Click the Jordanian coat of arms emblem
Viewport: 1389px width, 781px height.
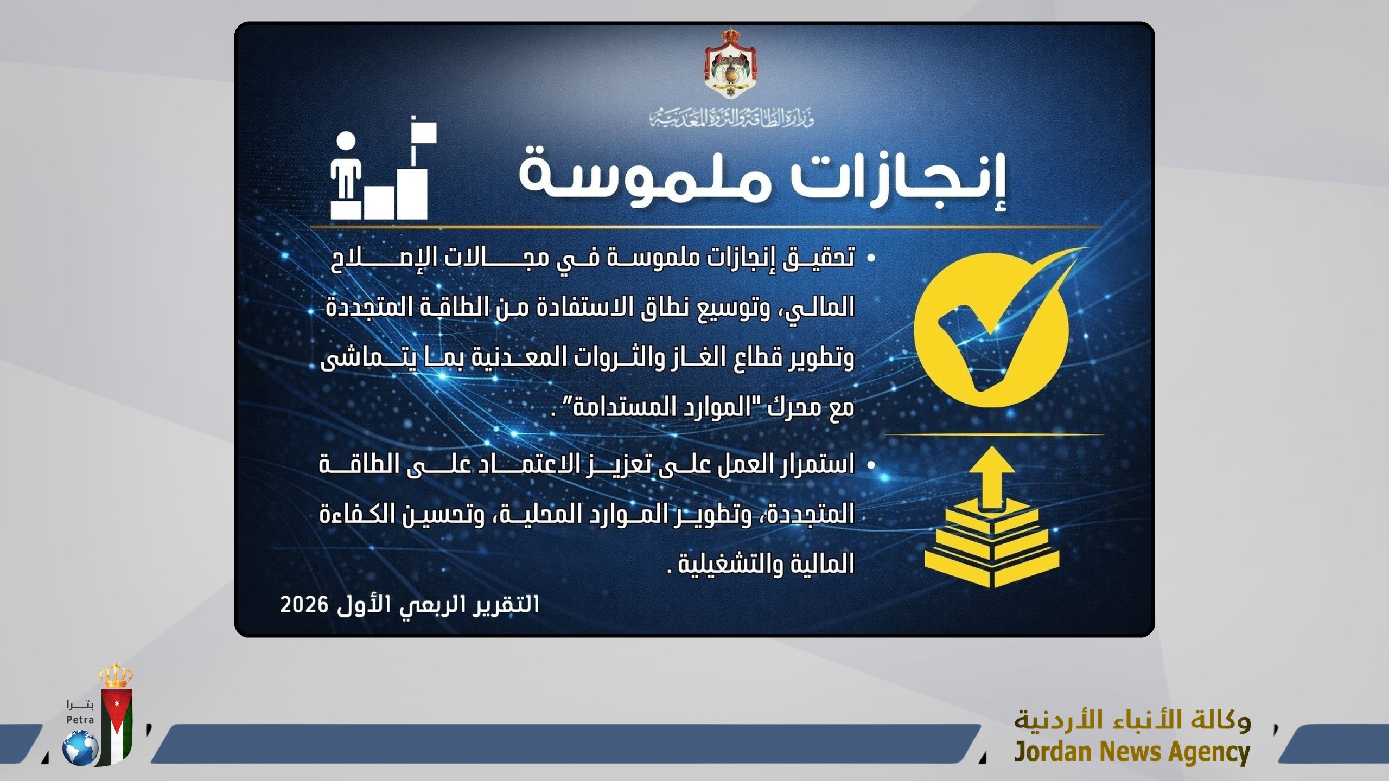(730, 64)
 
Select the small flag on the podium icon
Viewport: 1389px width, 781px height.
(424, 131)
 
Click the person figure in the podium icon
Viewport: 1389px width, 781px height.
(346, 168)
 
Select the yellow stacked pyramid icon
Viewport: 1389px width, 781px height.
(992, 548)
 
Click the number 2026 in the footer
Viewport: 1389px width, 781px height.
(304, 604)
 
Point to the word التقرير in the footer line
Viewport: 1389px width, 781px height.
(507, 604)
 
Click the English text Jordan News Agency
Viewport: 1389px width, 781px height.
(1132, 752)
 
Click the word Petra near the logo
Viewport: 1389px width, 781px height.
(80, 720)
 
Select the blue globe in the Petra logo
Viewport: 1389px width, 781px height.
(81, 748)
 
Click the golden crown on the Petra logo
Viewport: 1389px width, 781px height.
(116, 675)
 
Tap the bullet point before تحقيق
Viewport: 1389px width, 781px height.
(871, 258)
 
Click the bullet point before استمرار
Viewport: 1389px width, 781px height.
(871, 465)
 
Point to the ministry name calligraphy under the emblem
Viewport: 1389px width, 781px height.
(731, 117)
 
